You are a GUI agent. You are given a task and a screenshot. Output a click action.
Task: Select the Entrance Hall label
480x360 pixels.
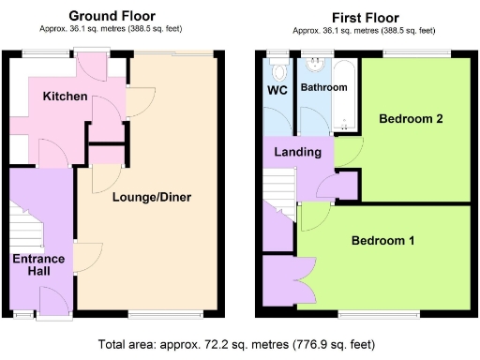pos(37,264)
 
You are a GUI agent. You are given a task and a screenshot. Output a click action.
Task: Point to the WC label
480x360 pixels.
pos(278,91)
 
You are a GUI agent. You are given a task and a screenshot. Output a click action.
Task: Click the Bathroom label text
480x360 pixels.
pos(323,87)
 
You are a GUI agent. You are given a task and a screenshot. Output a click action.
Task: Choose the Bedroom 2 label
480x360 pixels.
pos(411,119)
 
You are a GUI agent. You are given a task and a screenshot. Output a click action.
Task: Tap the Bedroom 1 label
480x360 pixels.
pos(382,241)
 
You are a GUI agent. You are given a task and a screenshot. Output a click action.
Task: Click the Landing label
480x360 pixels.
pos(297,152)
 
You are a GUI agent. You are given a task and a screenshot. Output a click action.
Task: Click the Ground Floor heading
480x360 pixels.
pos(113,16)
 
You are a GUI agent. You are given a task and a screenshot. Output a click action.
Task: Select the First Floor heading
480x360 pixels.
pos(366,17)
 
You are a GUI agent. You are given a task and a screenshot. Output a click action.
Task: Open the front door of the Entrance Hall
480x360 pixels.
pos(53,300)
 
